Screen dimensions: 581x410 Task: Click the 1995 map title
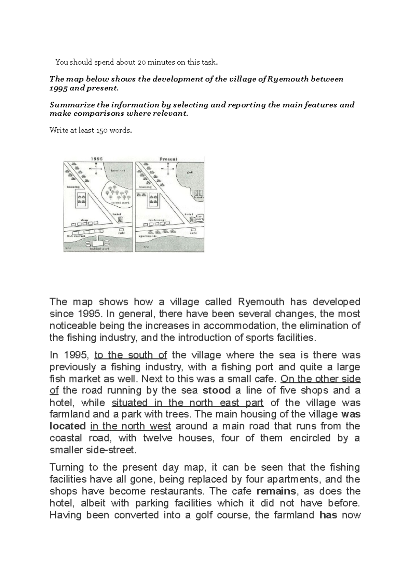97,159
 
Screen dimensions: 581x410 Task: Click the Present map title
168,159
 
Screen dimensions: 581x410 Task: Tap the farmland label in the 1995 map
118,170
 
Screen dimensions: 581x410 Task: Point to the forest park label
118,203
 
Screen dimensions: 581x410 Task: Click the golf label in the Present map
190,172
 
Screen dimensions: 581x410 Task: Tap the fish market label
75,236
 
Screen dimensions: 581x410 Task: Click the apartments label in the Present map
147,236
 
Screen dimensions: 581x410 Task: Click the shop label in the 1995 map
84,220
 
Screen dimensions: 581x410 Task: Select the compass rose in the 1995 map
96,168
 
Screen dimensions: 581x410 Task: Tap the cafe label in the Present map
193,233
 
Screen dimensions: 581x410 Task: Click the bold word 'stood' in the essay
217,390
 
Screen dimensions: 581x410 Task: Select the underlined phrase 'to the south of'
131,355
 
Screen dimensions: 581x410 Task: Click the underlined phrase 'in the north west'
131,426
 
